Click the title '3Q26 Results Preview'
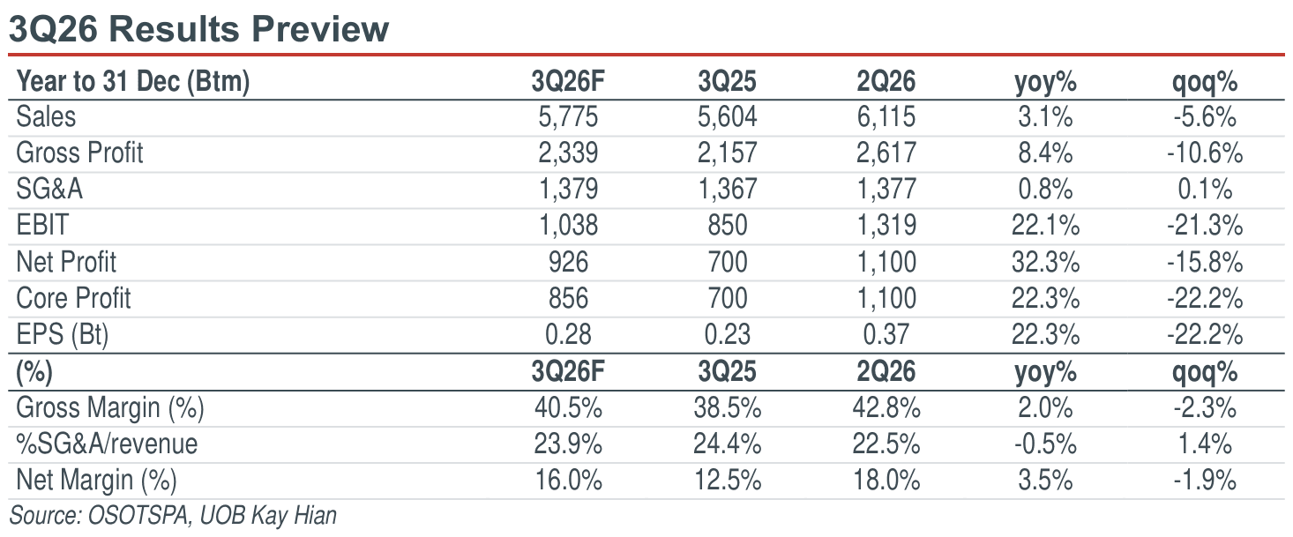point(198,29)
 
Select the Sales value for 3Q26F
point(568,117)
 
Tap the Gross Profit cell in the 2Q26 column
point(886,153)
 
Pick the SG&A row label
point(49,190)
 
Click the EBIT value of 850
point(728,226)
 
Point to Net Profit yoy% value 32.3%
point(1045,263)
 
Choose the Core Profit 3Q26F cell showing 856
point(568,299)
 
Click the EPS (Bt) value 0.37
point(886,335)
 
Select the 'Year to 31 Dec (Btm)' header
point(133,81)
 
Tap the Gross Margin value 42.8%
point(886,408)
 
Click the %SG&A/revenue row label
point(107,444)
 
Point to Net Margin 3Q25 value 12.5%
point(728,481)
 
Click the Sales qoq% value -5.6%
point(1205,117)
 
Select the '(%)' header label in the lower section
point(34,372)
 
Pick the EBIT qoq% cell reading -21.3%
point(1205,226)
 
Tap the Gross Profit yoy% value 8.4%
point(1045,153)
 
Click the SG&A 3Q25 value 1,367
point(728,190)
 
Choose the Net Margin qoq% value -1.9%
point(1205,481)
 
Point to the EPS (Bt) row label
point(63,335)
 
